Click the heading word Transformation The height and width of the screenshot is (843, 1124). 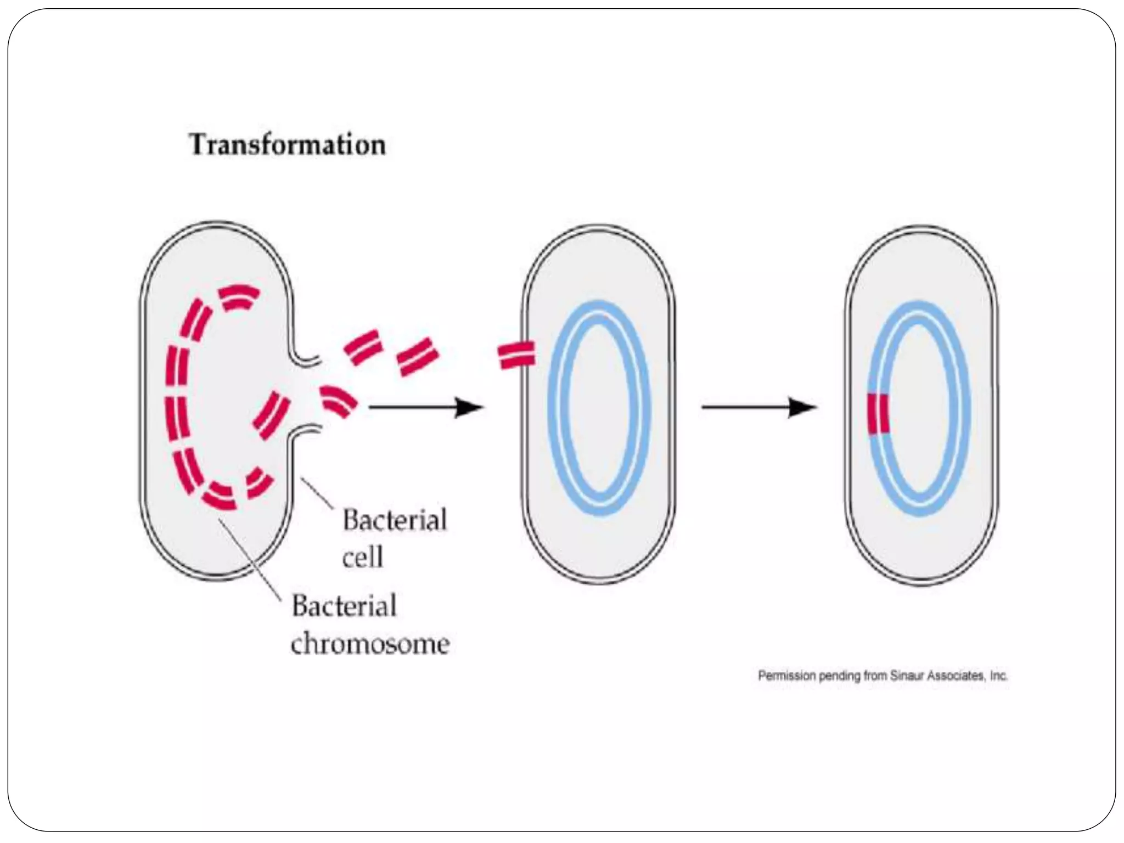click(288, 145)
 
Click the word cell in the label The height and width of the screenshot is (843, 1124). click(362, 558)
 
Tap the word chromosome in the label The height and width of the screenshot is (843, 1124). click(370, 643)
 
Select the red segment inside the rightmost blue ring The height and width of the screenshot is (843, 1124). click(878, 414)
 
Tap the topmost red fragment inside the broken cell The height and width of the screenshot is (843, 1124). click(238, 297)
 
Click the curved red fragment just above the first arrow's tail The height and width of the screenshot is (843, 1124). click(337, 401)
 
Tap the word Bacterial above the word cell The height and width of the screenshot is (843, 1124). click(395, 520)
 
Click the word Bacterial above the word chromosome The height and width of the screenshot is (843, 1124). click(344, 606)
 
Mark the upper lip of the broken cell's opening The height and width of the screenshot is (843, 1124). click(305, 359)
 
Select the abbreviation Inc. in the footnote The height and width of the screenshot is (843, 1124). click(998, 676)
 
